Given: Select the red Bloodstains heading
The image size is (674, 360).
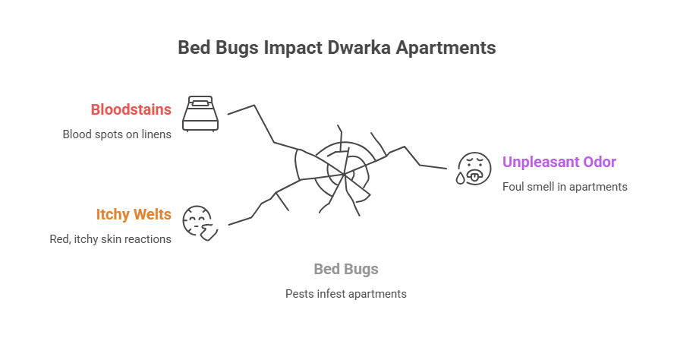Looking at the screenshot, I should pyautogui.click(x=131, y=109).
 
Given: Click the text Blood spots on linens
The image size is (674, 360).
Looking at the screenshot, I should pyautogui.click(x=117, y=134).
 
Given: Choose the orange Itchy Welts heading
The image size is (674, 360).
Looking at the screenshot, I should pyautogui.click(x=134, y=214).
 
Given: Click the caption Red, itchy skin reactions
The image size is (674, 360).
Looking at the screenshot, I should pyautogui.click(x=111, y=239).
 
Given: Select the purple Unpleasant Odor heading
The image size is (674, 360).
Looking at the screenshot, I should pyautogui.click(x=559, y=162).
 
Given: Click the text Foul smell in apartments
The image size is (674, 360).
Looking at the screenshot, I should pyautogui.click(x=565, y=187).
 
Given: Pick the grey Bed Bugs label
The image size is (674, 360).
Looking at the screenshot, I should pyautogui.click(x=346, y=269).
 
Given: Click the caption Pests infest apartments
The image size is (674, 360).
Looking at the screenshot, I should pyautogui.click(x=346, y=293).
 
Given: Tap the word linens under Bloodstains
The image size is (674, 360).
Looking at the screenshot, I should pyautogui.click(x=156, y=134).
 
